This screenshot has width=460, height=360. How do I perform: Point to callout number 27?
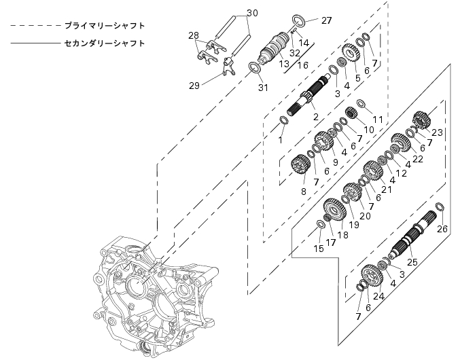click(x=327, y=20)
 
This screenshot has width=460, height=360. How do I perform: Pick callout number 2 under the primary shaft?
click(x=315, y=117)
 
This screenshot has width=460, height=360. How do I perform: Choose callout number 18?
click(x=341, y=234)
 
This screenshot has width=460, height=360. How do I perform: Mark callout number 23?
click(x=436, y=132)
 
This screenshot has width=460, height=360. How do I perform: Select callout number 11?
click(x=378, y=120)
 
